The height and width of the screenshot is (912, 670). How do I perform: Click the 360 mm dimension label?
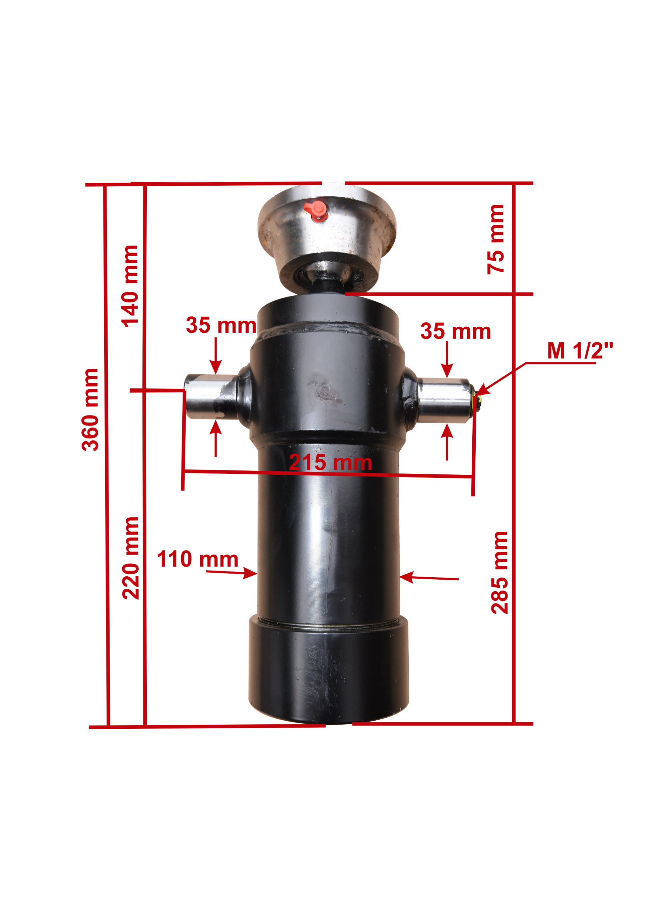[90, 409]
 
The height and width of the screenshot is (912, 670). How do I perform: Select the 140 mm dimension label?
[130, 286]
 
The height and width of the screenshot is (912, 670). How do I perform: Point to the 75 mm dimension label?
[495, 239]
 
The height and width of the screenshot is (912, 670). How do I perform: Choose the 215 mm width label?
[331, 463]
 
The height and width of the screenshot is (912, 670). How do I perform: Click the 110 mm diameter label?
[198, 559]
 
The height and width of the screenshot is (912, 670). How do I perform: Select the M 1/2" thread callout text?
[580, 350]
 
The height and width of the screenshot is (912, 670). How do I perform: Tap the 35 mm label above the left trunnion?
[221, 325]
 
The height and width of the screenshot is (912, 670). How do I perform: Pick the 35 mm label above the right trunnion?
[456, 331]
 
